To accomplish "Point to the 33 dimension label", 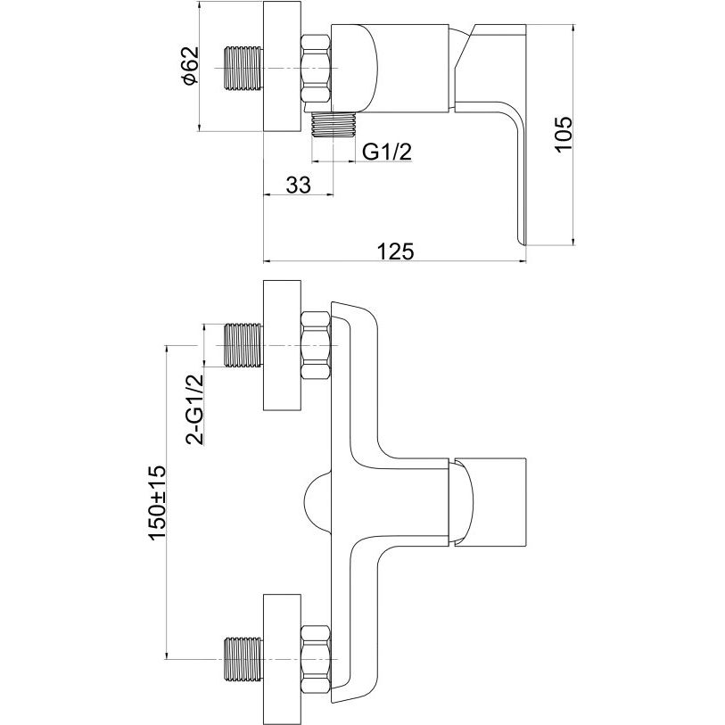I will coord(298,185).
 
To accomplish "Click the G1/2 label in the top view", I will coord(387,152).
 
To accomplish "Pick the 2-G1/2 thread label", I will coord(194,408).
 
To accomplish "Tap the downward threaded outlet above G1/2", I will coord(334,125).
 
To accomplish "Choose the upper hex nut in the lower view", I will coord(317,345).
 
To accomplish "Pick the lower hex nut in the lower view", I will coord(317,660).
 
